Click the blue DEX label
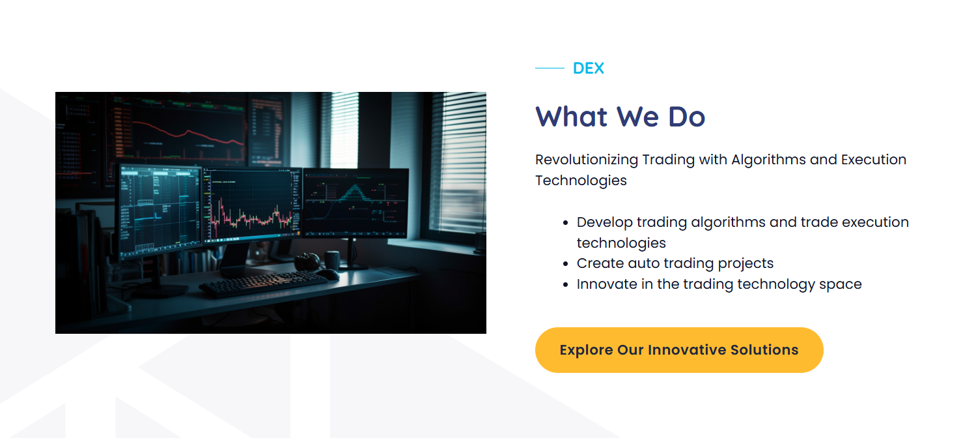[x=588, y=68]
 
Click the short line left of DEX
[x=550, y=68]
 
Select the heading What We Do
[x=620, y=117]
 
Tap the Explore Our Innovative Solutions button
[x=679, y=350]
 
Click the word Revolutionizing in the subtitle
[x=587, y=160]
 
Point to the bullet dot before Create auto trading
[x=566, y=264]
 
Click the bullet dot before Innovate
[x=566, y=285]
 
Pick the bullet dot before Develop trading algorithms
[x=566, y=223]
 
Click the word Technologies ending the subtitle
[x=581, y=181]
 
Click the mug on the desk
[x=332, y=261]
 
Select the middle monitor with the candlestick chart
[x=252, y=204]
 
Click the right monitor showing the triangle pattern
[x=356, y=203]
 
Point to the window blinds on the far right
[x=458, y=162]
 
